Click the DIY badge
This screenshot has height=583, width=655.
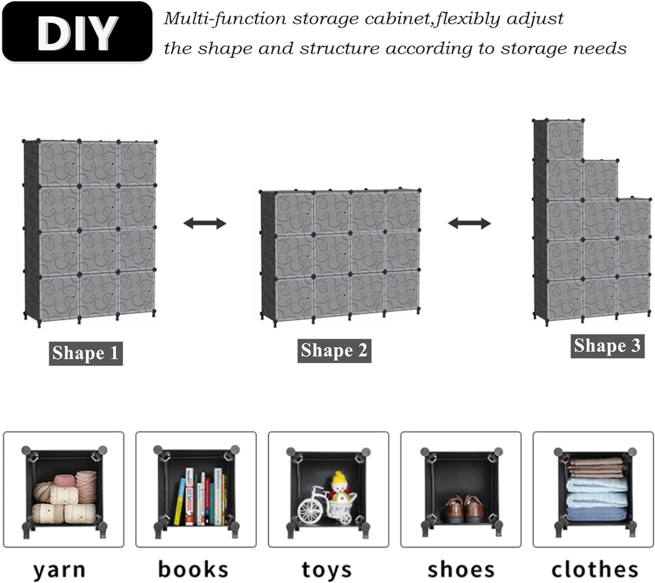click(x=77, y=31)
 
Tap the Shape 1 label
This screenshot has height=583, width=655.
click(x=86, y=354)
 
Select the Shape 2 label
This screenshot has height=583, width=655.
click(x=334, y=351)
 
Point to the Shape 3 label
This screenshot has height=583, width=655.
click(x=607, y=346)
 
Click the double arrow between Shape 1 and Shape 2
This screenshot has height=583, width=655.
click(x=204, y=223)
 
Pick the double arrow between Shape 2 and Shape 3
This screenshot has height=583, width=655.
click(x=470, y=223)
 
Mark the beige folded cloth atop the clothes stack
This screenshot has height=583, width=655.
click(x=596, y=467)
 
